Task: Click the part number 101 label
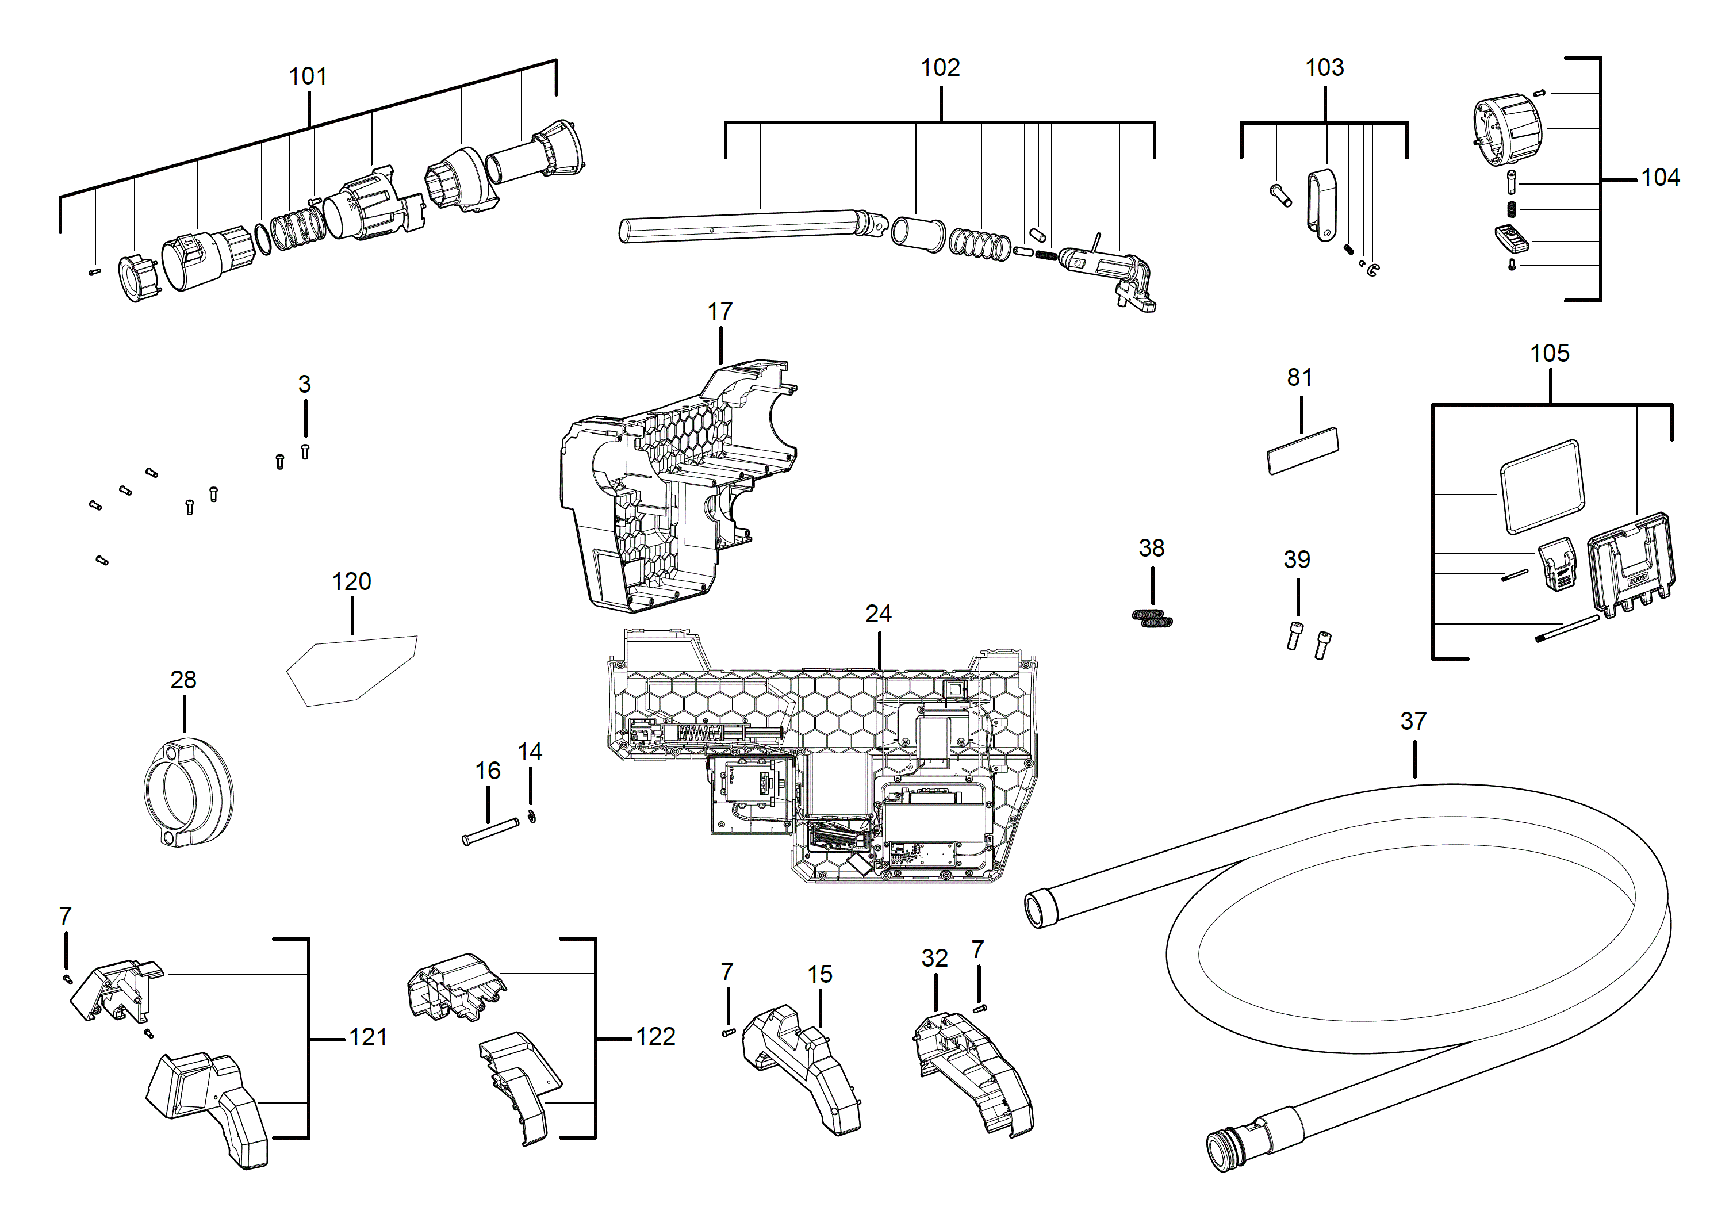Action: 308,76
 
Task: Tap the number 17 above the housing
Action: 719,311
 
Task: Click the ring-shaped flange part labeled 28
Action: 188,792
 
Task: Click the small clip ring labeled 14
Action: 532,817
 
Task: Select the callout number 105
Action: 1550,353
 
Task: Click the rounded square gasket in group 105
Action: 1542,487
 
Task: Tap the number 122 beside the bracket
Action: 655,1036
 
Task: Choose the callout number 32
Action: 934,958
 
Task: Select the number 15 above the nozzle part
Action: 820,974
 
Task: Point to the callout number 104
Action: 1660,178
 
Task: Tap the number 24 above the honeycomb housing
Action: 879,614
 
